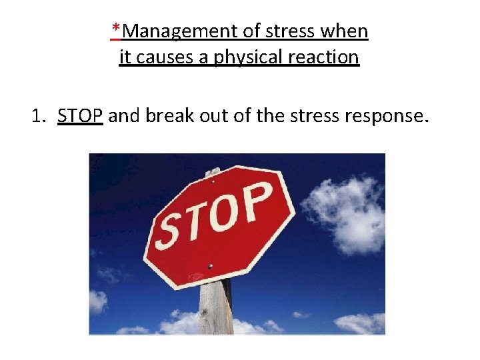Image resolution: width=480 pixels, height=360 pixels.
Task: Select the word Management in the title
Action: tap(175, 31)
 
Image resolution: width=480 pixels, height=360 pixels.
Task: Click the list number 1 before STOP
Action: tap(37, 116)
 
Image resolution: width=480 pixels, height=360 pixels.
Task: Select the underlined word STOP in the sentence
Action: tap(80, 116)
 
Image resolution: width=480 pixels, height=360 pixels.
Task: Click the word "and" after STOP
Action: tap(122, 116)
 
